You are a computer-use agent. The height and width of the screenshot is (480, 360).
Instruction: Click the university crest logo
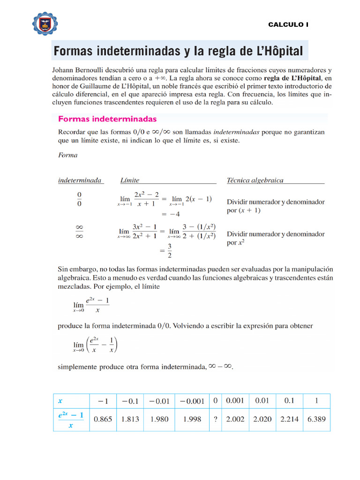(x=45, y=23)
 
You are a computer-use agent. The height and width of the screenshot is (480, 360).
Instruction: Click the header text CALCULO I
(x=288, y=24)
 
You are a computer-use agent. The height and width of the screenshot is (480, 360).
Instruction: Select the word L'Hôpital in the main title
(x=276, y=51)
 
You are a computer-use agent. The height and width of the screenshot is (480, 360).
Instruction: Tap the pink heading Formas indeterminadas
(x=107, y=119)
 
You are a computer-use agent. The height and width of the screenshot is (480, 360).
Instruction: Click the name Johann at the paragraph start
(x=64, y=70)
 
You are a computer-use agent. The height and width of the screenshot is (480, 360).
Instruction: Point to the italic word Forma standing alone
(x=67, y=155)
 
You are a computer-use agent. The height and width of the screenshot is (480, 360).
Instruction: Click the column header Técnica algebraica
(x=255, y=180)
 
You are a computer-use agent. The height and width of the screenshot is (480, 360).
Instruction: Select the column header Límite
(x=130, y=180)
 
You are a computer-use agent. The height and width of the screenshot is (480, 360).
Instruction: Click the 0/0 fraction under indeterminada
(x=79, y=199)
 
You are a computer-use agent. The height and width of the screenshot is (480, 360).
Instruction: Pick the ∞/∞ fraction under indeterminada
(x=79, y=232)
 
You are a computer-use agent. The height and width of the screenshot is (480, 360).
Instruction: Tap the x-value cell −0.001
(x=192, y=401)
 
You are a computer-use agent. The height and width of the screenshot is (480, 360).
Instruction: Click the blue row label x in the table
(x=60, y=401)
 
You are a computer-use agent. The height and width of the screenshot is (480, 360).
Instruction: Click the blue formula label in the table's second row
(x=70, y=420)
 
